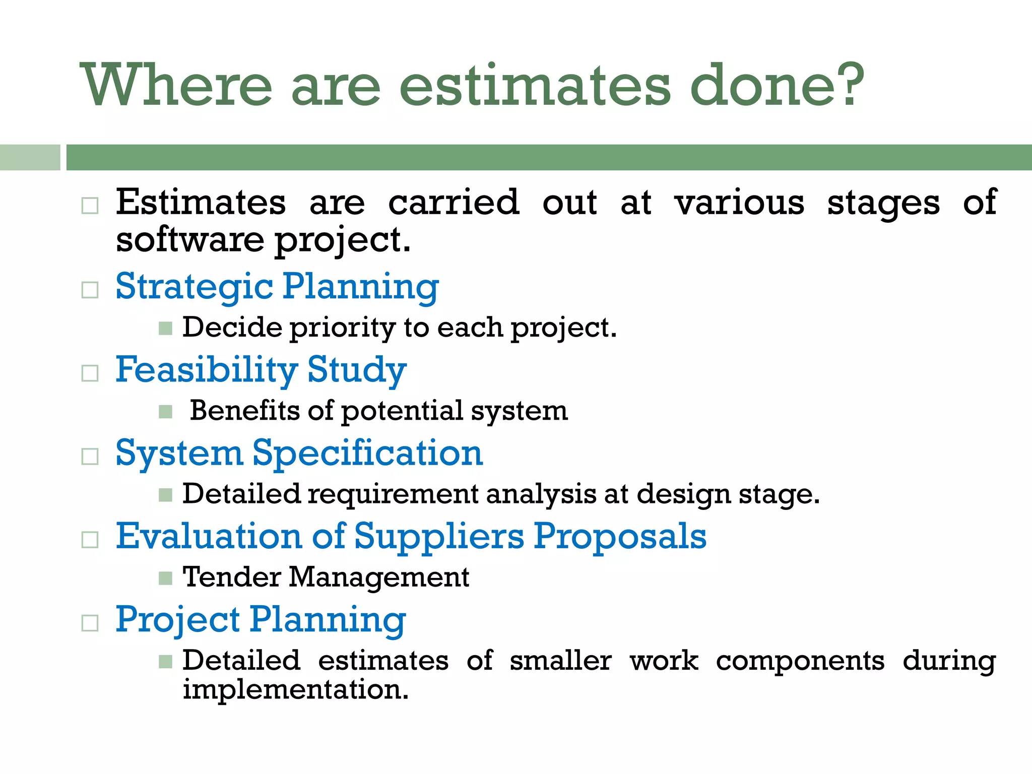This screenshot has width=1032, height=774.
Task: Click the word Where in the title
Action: pyautogui.click(x=176, y=84)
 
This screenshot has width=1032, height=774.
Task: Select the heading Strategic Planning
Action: pyautogui.click(x=277, y=286)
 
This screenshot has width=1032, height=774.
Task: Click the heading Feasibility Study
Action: pyautogui.click(x=261, y=369)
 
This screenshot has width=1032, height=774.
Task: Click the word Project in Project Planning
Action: pyautogui.click(x=177, y=620)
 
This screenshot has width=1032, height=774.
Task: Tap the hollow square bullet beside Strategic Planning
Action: pyautogui.click(x=90, y=290)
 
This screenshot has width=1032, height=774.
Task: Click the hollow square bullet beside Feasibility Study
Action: pyautogui.click(x=90, y=373)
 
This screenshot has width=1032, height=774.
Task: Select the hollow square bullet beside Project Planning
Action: pyautogui.click(x=90, y=623)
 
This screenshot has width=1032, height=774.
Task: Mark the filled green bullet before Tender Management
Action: pyautogui.click(x=165, y=578)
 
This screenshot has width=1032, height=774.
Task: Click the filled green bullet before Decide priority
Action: pyautogui.click(x=165, y=329)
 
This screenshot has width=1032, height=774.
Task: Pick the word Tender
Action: pyautogui.click(x=231, y=577)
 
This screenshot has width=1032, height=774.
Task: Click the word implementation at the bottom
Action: pyautogui.click(x=295, y=689)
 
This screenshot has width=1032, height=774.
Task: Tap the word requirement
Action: pyautogui.click(x=393, y=494)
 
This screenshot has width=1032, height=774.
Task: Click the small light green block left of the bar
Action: pyautogui.click(x=30, y=157)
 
